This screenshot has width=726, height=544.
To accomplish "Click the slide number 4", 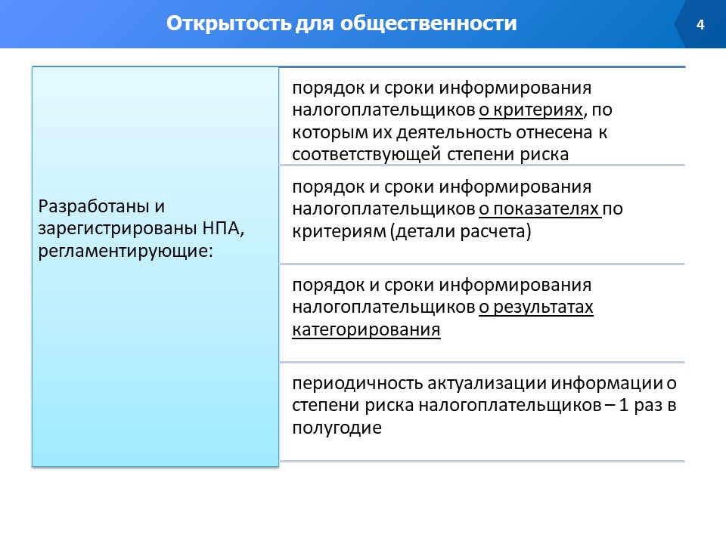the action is coord(700,24).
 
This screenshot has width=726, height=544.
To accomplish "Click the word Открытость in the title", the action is coord(228,23).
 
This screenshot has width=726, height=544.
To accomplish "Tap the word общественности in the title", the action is coord(429,23).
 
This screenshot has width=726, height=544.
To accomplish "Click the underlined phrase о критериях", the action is coord(531,110).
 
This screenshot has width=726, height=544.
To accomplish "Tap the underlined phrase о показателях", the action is coord(539,209).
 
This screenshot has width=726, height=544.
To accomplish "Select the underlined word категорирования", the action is coord(366,330).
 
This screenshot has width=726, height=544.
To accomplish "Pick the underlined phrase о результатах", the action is coord(536,308).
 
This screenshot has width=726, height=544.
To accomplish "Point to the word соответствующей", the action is coord(366,154).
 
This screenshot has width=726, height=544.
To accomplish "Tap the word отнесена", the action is coord(554,133).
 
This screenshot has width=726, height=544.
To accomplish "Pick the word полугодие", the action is coord(337,428).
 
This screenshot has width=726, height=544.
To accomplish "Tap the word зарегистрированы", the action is coord(118,228).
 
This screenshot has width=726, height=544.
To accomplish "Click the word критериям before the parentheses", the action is coord(339,231).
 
